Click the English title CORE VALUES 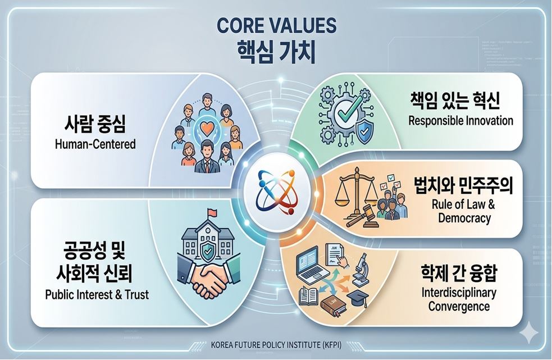click(x=276, y=25)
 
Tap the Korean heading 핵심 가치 click(x=276, y=52)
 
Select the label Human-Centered click(x=95, y=144)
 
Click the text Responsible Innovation click(x=460, y=121)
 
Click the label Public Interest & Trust click(x=97, y=294)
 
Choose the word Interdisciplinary click(x=459, y=293)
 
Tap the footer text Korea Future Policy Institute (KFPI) click(x=276, y=344)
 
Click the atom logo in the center click(x=276, y=192)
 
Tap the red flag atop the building click(x=212, y=212)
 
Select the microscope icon click(x=361, y=269)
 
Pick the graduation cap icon click(x=357, y=298)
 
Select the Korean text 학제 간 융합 click(x=459, y=273)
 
